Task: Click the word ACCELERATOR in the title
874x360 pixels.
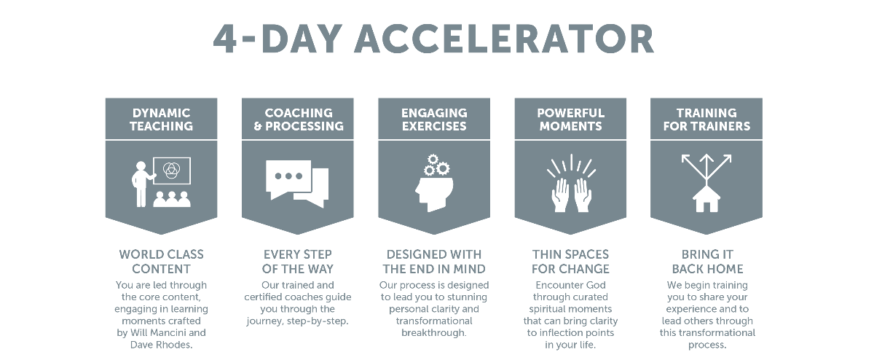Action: tap(504, 39)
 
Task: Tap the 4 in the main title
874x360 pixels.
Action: tap(225, 39)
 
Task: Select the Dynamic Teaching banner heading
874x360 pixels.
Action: tap(161, 120)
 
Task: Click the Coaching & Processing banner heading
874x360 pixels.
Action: tap(299, 120)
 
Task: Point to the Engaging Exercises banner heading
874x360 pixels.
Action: tap(434, 120)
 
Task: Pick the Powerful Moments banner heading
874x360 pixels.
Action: tap(570, 120)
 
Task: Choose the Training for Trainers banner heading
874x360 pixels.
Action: tap(706, 120)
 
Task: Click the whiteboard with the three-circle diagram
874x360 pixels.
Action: tap(172, 171)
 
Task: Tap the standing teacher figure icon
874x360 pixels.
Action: tap(141, 184)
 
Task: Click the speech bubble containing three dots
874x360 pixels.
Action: tap(288, 179)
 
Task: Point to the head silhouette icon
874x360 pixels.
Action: tap(434, 195)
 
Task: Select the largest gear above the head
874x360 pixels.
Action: tap(443, 168)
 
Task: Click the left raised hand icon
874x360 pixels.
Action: tap(560, 195)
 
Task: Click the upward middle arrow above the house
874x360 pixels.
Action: tap(706, 168)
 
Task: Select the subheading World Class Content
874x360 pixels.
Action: tap(161, 262)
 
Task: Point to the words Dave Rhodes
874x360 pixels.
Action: tap(161, 345)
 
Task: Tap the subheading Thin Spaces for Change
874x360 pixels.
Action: tap(570, 262)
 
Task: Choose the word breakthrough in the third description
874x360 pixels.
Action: tap(434, 332)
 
